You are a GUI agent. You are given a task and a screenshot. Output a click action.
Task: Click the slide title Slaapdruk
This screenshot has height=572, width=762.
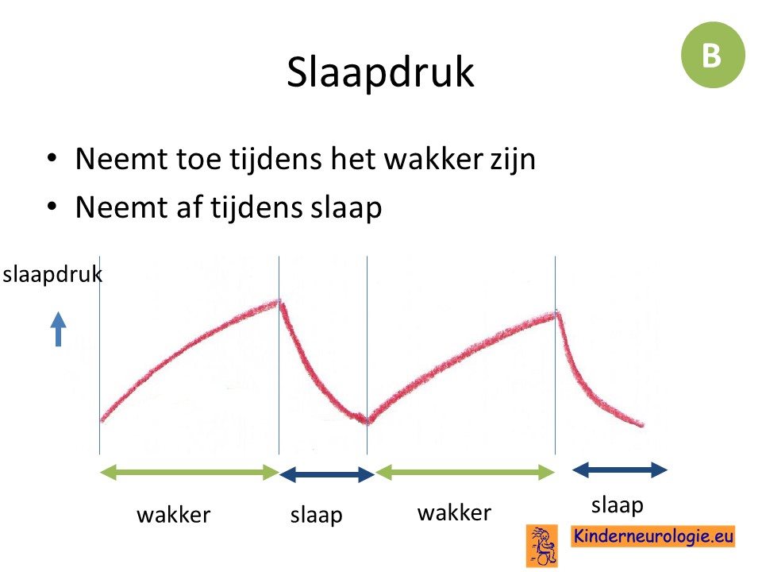point(380,72)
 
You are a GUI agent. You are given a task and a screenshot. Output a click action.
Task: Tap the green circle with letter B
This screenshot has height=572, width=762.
point(713,55)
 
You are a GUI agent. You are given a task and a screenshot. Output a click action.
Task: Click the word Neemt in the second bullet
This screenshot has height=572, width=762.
point(121,207)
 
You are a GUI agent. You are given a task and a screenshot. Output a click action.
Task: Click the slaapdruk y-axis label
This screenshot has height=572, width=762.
point(52,275)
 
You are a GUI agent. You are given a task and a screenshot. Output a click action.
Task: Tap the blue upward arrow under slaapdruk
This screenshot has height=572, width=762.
point(58,329)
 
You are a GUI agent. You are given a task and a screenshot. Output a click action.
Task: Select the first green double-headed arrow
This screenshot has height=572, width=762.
point(190,472)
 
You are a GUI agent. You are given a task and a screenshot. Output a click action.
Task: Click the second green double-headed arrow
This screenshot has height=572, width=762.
point(465,472)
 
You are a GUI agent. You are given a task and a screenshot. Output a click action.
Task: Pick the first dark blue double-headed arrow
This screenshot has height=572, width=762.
point(327,474)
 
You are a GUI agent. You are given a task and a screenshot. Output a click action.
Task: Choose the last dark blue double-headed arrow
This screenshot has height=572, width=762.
point(620,470)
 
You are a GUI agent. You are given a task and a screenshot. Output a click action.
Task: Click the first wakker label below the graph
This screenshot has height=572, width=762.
point(174,515)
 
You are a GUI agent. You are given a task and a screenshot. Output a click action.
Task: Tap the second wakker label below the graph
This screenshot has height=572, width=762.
point(454,512)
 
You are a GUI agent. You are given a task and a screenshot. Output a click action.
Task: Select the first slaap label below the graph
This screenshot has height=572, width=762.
point(317,516)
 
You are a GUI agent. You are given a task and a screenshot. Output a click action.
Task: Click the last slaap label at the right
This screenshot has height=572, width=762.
point(618,506)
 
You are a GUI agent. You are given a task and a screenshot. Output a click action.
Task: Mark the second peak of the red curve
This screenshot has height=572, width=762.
point(556,314)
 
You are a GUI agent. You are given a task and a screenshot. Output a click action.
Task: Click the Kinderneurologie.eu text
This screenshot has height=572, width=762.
point(652,536)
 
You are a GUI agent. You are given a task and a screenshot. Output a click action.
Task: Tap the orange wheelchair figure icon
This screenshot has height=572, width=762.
point(542,546)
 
